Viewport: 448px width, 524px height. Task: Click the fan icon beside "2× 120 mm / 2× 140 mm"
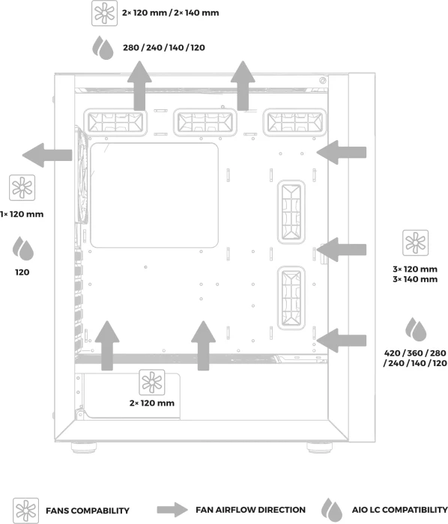[105, 13]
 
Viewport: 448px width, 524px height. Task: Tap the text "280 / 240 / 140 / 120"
[164, 48]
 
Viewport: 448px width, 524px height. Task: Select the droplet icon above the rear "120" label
[23, 249]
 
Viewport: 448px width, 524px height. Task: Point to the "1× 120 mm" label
[22, 214]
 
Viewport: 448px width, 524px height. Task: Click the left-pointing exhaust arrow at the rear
[47, 155]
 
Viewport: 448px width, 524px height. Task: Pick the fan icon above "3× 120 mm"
[415, 243]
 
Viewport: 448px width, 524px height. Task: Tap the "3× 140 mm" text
[415, 279]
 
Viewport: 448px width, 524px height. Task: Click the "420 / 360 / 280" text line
[415, 353]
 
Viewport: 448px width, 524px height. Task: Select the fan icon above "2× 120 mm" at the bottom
[152, 383]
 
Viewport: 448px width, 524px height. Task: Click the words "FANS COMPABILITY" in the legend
[88, 511]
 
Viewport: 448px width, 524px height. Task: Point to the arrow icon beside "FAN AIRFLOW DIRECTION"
[172, 510]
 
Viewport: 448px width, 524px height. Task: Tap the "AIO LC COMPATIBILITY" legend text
[399, 510]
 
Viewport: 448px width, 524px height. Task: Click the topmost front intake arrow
[342, 153]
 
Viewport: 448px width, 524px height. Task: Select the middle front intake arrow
[342, 249]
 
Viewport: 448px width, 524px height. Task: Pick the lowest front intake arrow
[342, 341]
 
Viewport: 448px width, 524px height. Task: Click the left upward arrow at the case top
[139, 85]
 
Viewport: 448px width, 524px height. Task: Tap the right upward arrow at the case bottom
[203, 346]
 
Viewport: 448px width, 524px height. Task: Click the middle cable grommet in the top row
[205, 122]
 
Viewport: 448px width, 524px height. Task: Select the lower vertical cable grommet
[291, 298]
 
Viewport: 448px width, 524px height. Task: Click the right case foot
[319, 447]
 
